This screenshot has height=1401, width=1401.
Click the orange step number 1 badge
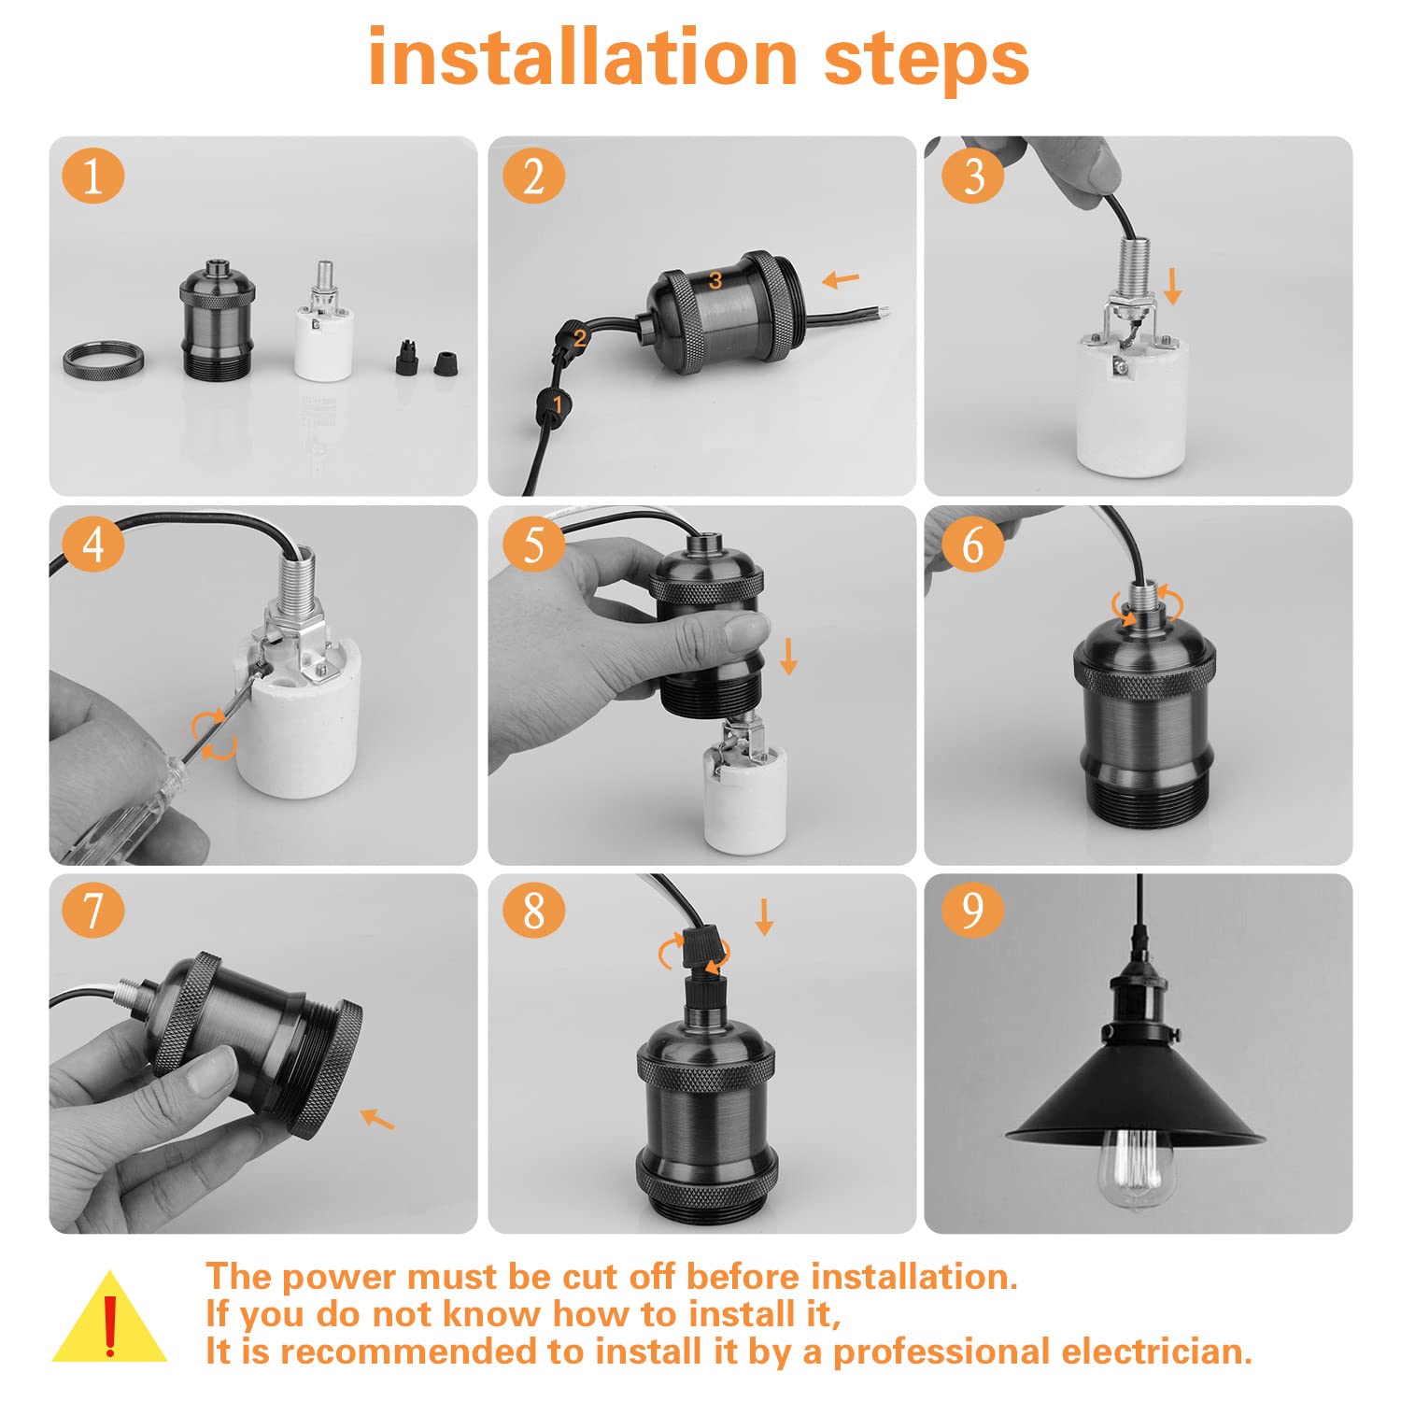(93, 176)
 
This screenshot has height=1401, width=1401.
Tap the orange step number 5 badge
(533, 544)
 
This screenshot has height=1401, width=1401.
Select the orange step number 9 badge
(973, 910)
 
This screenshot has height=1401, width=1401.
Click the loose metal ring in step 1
(105, 360)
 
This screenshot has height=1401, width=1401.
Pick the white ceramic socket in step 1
(323, 322)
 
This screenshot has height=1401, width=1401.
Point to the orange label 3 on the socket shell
(715, 280)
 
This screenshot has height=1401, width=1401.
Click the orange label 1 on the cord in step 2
(558, 404)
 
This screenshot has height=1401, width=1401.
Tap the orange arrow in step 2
(841, 278)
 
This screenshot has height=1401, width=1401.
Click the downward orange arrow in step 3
(1173, 285)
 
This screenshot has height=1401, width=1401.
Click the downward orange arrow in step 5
(788, 657)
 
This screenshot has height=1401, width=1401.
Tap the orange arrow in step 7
(377, 1118)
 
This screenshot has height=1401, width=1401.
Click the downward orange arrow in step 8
(764, 917)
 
